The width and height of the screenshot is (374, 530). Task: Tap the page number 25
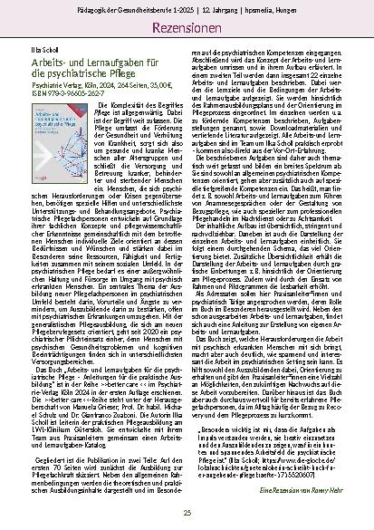coord(187,514)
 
